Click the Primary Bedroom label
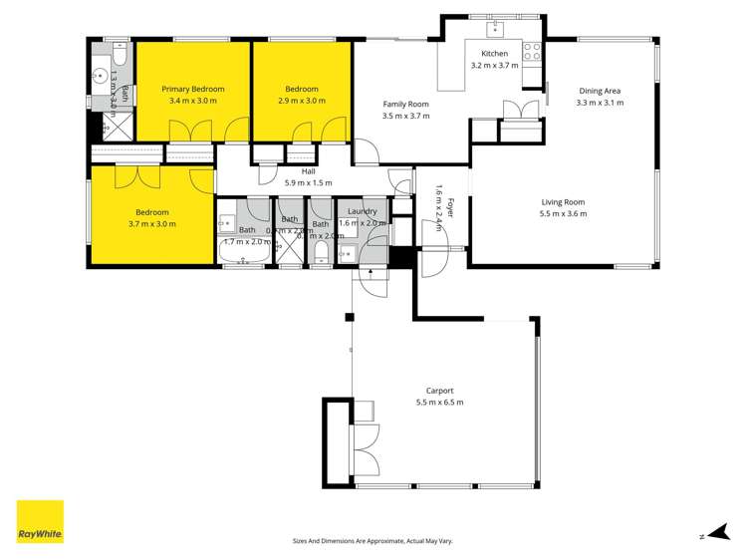click(x=193, y=89)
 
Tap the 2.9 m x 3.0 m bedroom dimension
click(x=302, y=101)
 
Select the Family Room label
click(x=405, y=104)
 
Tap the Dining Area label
click(x=601, y=91)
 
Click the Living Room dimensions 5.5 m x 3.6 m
click(x=563, y=213)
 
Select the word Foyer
click(x=450, y=208)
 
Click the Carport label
click(x=439, y=391)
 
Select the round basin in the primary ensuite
click(x=101, y=74)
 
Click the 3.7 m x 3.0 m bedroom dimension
click(x=152, y=224)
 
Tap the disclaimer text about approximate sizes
click(x=373, y=540)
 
